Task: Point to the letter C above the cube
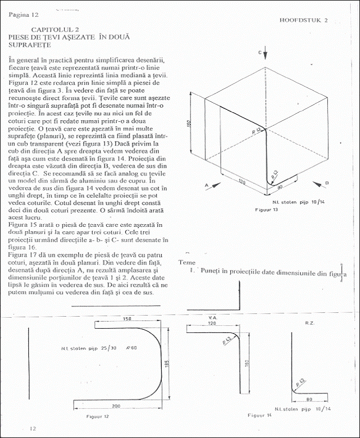tap(260, 53)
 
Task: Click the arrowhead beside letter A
tap(217, 185)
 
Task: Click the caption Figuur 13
tap(266, 209)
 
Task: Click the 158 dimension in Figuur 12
tap(128, 318)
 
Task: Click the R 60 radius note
tap(131, 347)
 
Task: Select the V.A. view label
tap(213, 316)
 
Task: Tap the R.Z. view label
tap(303, 323)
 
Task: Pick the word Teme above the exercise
tap(187, 262)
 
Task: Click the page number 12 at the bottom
tap(33, 429)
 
